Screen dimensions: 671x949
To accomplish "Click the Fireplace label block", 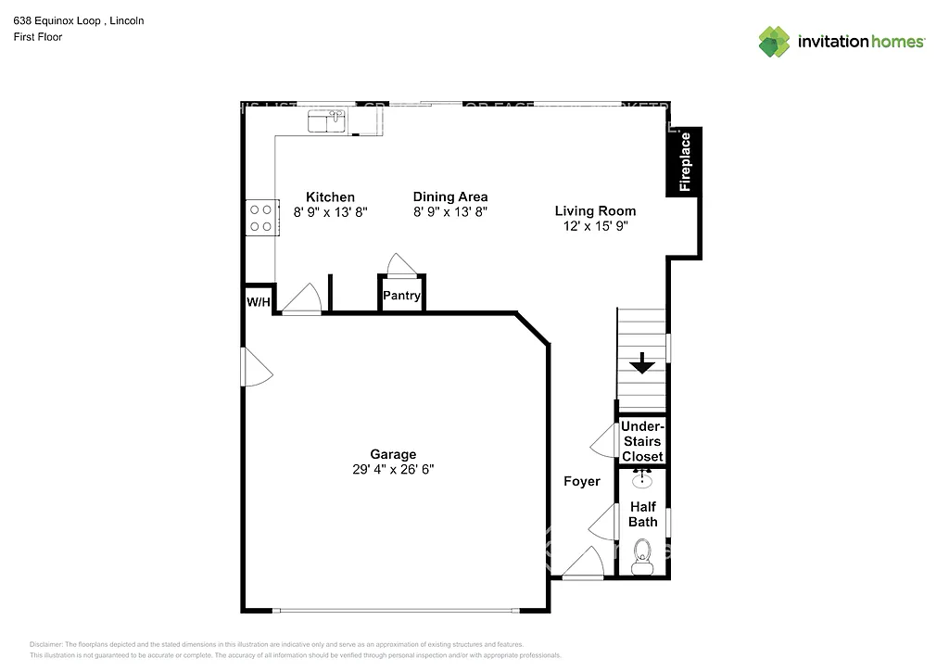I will point(684,161).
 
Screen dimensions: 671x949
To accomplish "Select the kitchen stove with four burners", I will point(260,217).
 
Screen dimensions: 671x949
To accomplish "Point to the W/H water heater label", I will point(259,302).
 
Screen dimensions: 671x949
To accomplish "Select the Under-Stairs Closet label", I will point(641,441).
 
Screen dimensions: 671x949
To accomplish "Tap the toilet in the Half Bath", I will point(641,558).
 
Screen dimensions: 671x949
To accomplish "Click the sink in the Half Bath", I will point(641,480).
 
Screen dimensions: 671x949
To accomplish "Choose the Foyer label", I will point(582,481).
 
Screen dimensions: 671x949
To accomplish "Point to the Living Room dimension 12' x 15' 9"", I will point(595,226).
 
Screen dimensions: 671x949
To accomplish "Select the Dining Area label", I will point(450,196).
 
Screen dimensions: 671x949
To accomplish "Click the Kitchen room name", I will point(330,196).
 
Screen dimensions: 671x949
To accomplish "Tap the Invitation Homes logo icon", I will point(774,41).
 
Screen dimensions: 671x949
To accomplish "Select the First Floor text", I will point(38,37).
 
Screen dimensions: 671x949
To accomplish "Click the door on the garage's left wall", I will point(256,367).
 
